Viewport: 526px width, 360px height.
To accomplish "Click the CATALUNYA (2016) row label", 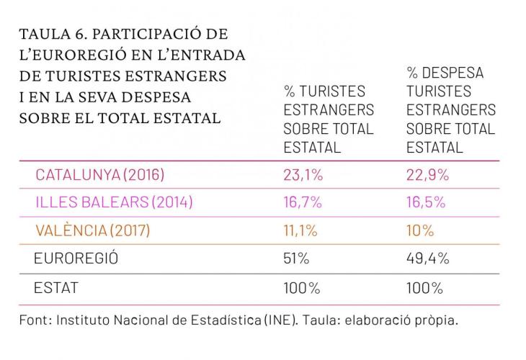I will (100, 175).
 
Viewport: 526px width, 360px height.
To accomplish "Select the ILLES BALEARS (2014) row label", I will (114, 203).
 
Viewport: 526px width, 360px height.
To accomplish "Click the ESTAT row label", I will (56, 288).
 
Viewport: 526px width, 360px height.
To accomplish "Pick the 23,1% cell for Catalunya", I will (303, 175).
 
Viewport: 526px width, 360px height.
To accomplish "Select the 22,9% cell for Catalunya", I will (428, 175).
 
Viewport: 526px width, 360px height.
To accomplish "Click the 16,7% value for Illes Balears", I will (303, 203).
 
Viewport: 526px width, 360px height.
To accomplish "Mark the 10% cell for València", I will (420, 231).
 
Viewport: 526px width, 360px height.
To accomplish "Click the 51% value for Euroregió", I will (296, 259).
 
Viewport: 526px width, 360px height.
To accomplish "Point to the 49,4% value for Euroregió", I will (428, 259).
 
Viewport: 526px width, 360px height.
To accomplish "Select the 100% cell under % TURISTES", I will (301, 288).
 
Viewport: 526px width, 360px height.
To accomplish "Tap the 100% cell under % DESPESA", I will (425, 288).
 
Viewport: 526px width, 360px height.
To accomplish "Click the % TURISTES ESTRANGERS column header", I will (328, 120).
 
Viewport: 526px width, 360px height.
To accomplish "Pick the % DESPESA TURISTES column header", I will (450, 110).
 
